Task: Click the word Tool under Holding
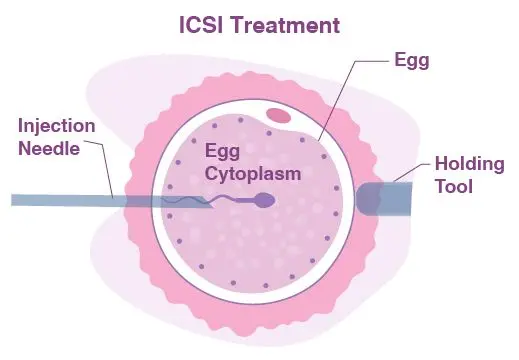[x=454, y=188]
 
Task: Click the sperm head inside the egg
[x=266, y=201]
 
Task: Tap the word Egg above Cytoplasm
[x=220, y=151]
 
